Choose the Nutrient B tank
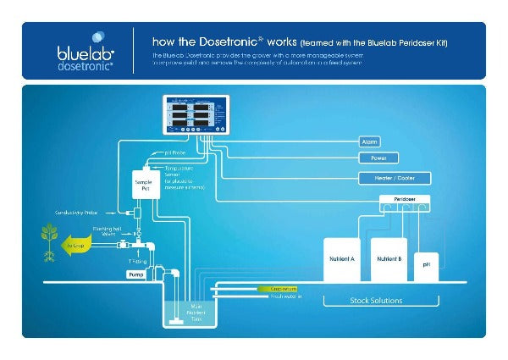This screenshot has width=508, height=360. click(389, 258)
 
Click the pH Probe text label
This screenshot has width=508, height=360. click(174, 154)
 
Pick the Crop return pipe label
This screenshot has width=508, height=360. click(285, 289)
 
